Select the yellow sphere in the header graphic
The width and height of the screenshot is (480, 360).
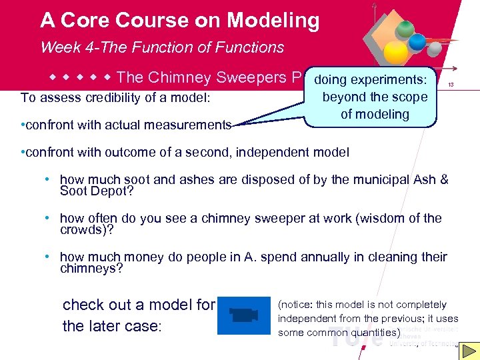395,53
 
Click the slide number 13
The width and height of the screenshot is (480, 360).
451,85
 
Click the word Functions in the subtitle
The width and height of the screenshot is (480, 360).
249,47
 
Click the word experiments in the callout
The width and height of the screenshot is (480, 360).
393,80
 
